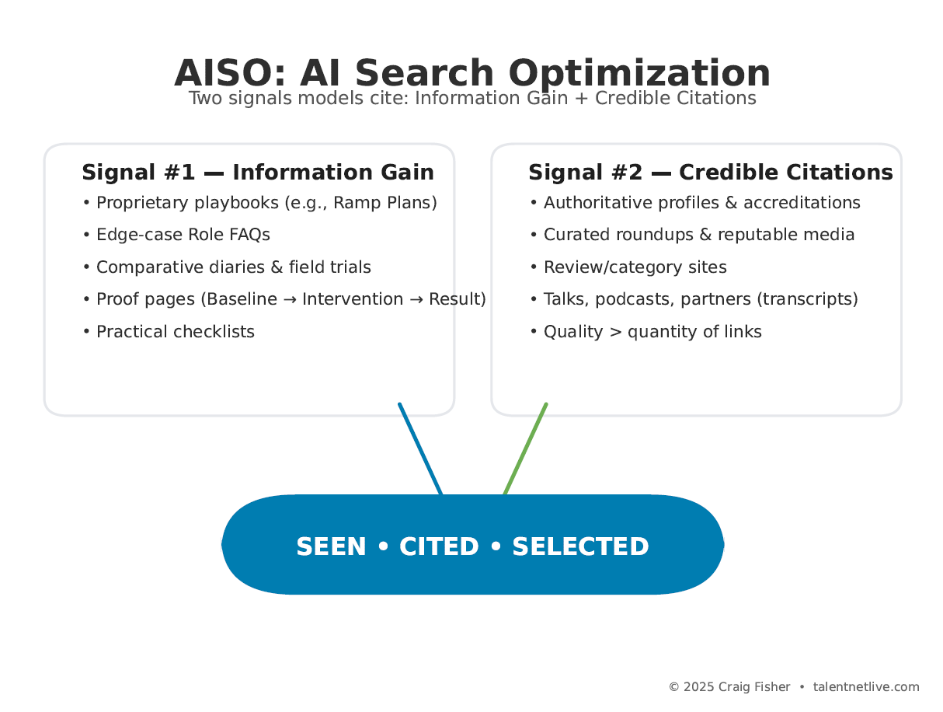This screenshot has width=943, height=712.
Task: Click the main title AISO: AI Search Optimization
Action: tap(472, 73)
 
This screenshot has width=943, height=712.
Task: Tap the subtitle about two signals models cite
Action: tap(472, 99)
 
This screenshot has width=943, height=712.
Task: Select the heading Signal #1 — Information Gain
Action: tap(258, 173)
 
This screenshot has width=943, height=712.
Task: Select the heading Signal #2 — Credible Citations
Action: tap(710, 173)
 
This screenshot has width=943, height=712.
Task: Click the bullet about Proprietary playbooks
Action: tap(266, 203)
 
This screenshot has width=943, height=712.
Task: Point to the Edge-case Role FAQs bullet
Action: tap(183, 235)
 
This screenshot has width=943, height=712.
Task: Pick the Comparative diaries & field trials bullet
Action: tap(233, 267)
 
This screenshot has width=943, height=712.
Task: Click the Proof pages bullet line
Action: tap(291, 299)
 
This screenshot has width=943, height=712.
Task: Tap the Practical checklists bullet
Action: tap(175, 332)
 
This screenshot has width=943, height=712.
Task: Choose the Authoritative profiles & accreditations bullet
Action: tap(701, 203)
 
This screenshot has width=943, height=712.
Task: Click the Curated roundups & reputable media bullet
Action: tap(698, 235)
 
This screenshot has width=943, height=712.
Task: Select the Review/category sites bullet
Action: tap(635, 267)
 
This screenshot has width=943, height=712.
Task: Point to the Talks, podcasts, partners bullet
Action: tap(700, 299)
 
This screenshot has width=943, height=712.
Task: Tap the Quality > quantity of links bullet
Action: tap(652, 332)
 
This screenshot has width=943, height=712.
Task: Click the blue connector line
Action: tap(420, 448)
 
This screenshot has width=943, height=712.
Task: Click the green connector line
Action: tap(526, 448)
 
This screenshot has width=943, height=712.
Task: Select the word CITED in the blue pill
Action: tap(439, 547)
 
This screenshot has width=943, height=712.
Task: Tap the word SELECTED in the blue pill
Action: tap(580, 547)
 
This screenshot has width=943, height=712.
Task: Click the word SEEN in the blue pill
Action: tap(331, 547)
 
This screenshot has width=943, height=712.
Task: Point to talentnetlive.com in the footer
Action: tap(865, 687)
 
